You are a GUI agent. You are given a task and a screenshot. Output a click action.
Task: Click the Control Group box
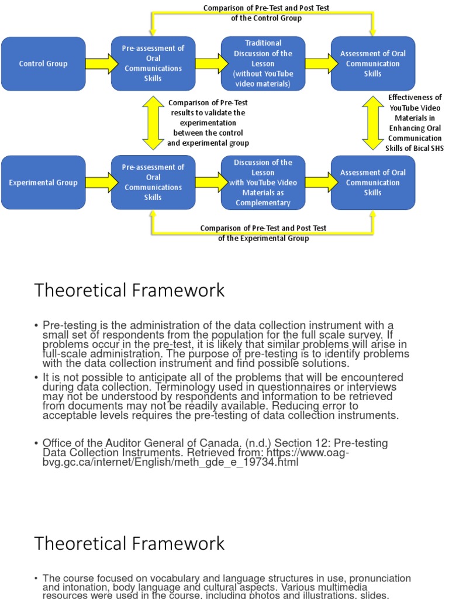[x=43, y=64]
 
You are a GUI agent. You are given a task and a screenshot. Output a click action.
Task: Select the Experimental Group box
[x=43, y=183]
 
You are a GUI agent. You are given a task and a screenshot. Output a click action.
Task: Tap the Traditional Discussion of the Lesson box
[x=263, y=63]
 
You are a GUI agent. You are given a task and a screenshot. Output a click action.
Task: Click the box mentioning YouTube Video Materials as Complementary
[x=263, y=183]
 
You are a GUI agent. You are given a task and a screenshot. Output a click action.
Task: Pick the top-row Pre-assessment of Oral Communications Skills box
[x=153, y=63]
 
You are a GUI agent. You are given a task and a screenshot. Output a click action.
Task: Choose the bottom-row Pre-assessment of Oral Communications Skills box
[x=153, y=183]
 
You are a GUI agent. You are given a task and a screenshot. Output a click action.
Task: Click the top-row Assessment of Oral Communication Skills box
[x=373, y=63]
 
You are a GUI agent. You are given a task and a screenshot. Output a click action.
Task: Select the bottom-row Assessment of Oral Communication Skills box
[x=373, y=183]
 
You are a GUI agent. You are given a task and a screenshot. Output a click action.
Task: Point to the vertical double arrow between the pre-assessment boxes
[x=153, y=123]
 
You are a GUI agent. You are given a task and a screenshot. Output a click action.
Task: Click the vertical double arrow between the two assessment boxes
[x=373, y=123]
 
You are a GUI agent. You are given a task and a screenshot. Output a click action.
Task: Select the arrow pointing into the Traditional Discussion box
[x=208, y=64]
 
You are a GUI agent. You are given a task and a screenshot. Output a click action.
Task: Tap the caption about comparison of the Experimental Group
[x=263, y=233]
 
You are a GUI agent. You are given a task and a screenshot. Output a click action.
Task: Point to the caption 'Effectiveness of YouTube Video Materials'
[x=415, y=123]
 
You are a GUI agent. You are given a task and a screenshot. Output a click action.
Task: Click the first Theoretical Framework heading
[x=129, y=290]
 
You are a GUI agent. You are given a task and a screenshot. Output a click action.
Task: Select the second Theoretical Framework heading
[x=129, y=543]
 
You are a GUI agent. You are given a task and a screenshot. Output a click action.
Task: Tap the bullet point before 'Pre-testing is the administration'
[x=36, y=325]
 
